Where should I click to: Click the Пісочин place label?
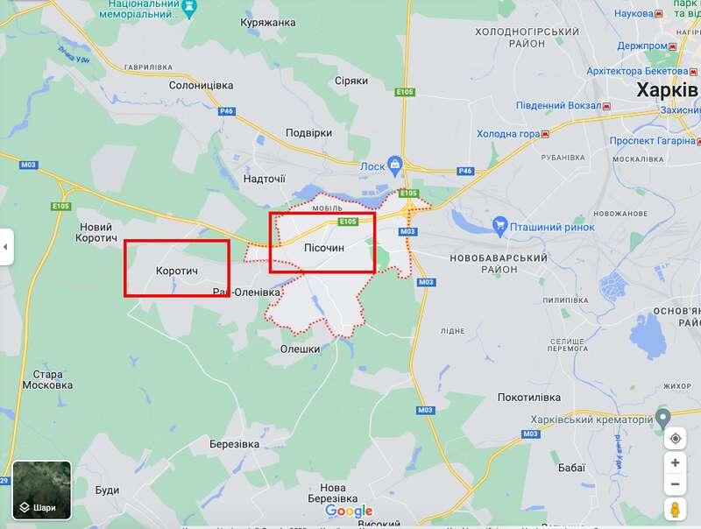coord(323,249)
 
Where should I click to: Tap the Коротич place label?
coord(177,272)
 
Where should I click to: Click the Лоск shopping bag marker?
coord(395,164)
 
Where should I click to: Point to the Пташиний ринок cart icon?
coord(500,226)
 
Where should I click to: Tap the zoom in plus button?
coord(675,462)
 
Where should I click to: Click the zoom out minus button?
coord(675,484)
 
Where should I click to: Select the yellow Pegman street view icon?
coord(675,509)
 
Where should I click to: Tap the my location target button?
coord(675,438)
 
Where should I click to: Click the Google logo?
coord(349,511)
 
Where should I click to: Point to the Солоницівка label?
coord(201,85)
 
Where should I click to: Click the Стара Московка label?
coord(47,378)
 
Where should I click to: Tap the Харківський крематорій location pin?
coord(663,418)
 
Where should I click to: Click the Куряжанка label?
coord(268,22)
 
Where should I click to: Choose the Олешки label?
coord(300,349)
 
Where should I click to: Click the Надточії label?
coord(264,179)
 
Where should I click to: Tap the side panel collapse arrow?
coord(5,247)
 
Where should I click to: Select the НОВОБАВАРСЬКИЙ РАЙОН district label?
coord(498,264)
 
